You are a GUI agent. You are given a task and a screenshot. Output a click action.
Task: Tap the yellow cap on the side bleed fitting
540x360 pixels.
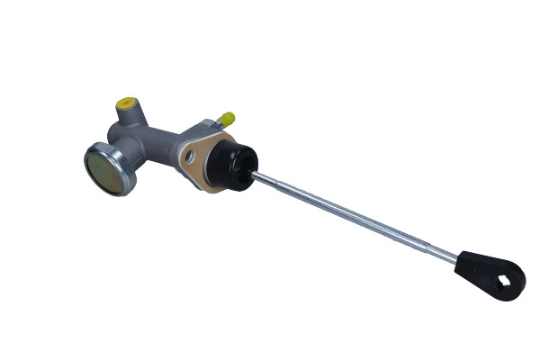tap(227, 118)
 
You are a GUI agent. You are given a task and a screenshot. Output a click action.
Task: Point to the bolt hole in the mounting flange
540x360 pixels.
tap(191, 157)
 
